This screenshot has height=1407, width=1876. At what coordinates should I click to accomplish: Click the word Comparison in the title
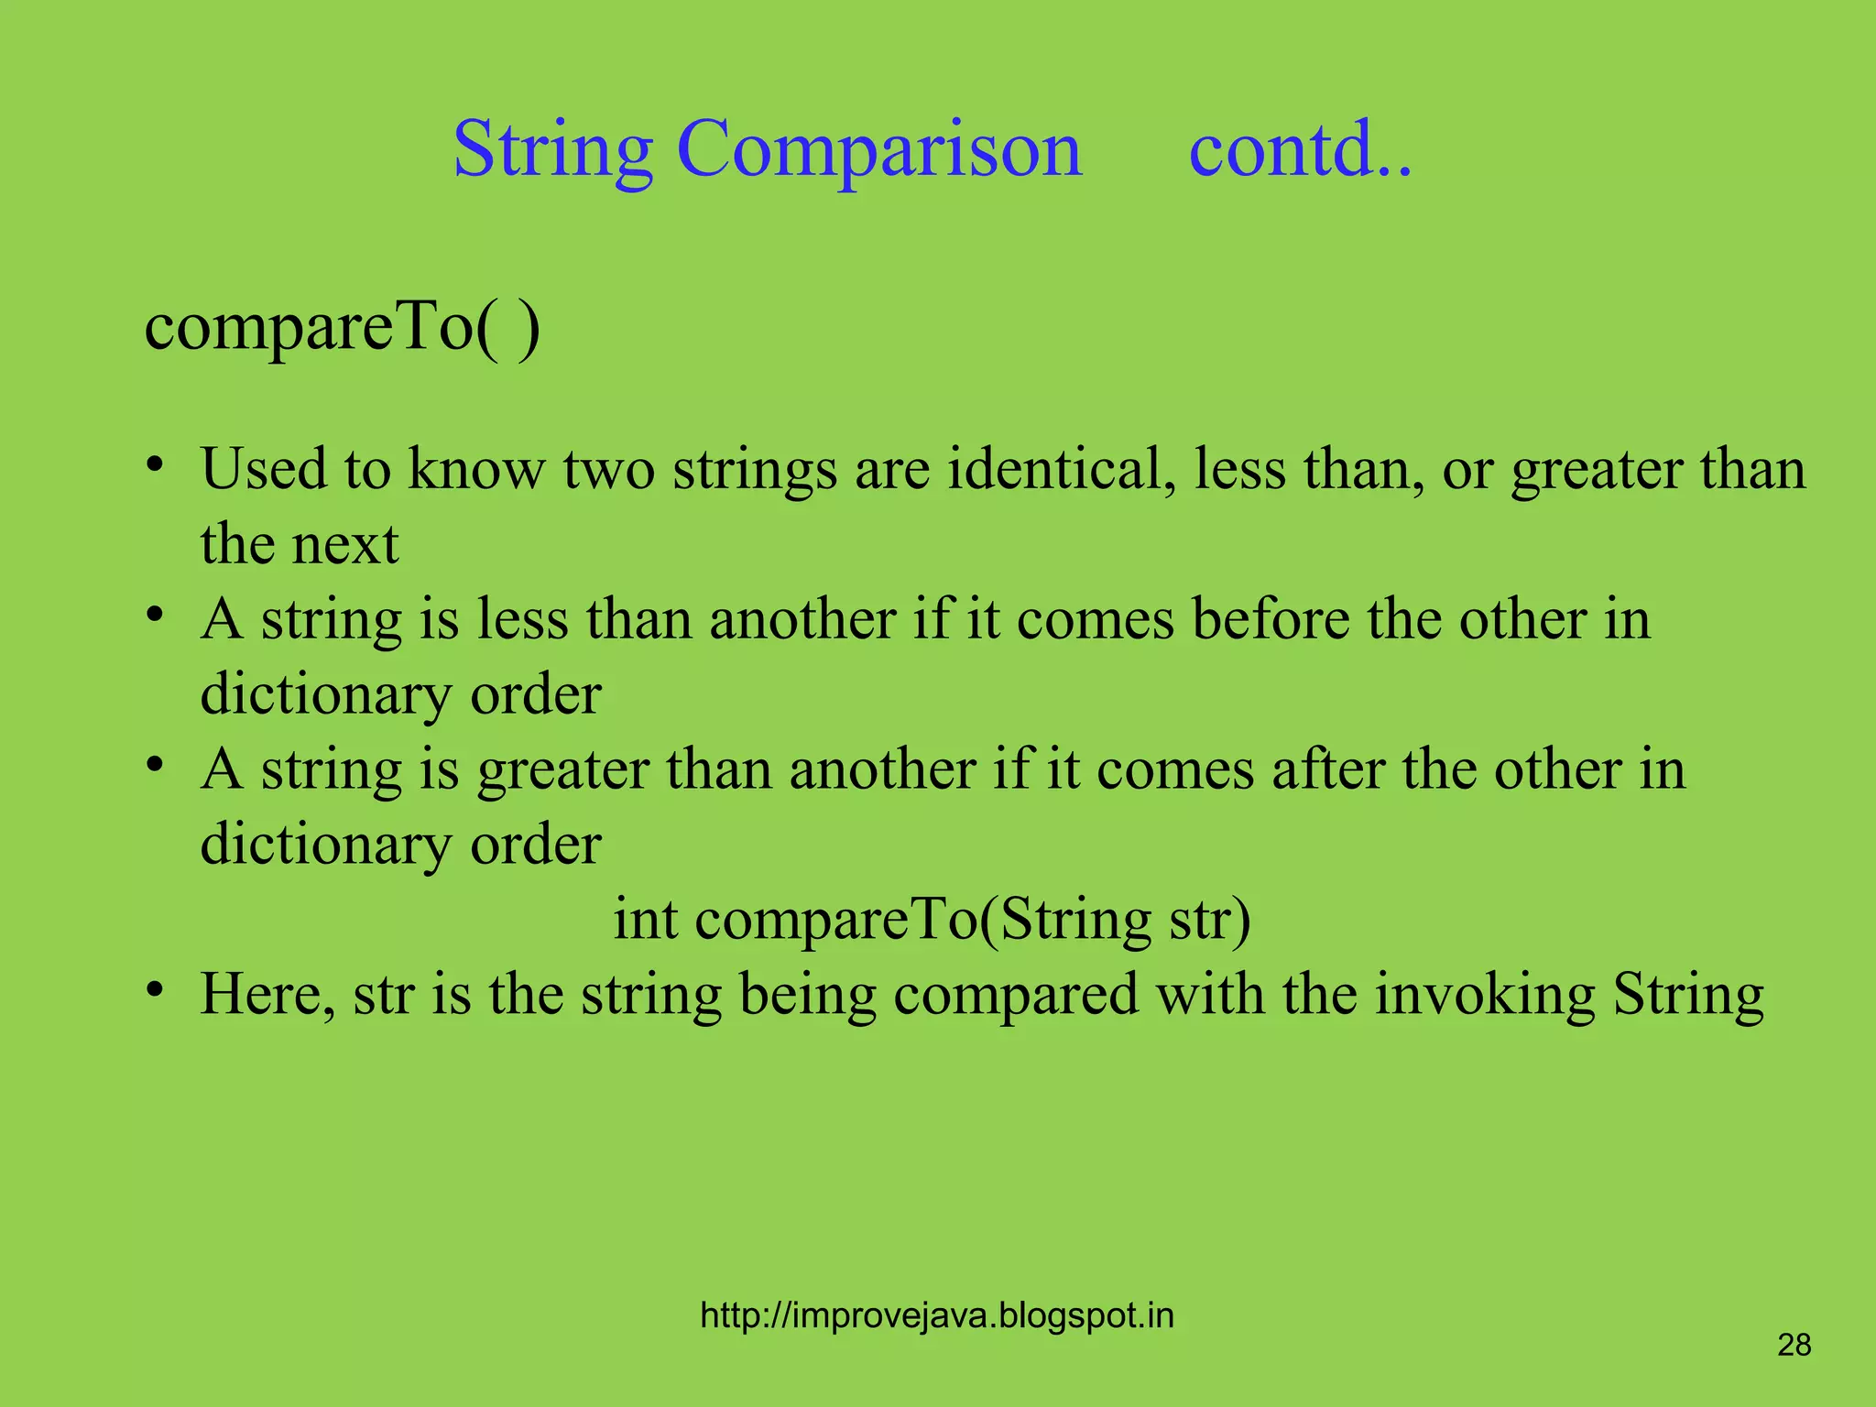point(878,149)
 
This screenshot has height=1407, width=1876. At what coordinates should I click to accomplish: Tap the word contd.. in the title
point(1300,149)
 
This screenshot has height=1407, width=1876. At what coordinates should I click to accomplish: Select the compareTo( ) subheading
point(342,327)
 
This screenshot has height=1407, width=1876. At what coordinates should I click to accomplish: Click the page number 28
point(1794,1345)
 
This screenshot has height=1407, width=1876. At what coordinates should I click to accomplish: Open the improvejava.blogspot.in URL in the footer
point(936,1315)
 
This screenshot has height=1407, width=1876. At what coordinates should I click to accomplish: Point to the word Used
point(263,469)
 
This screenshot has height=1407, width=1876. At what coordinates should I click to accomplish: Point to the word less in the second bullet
point(522,619)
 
